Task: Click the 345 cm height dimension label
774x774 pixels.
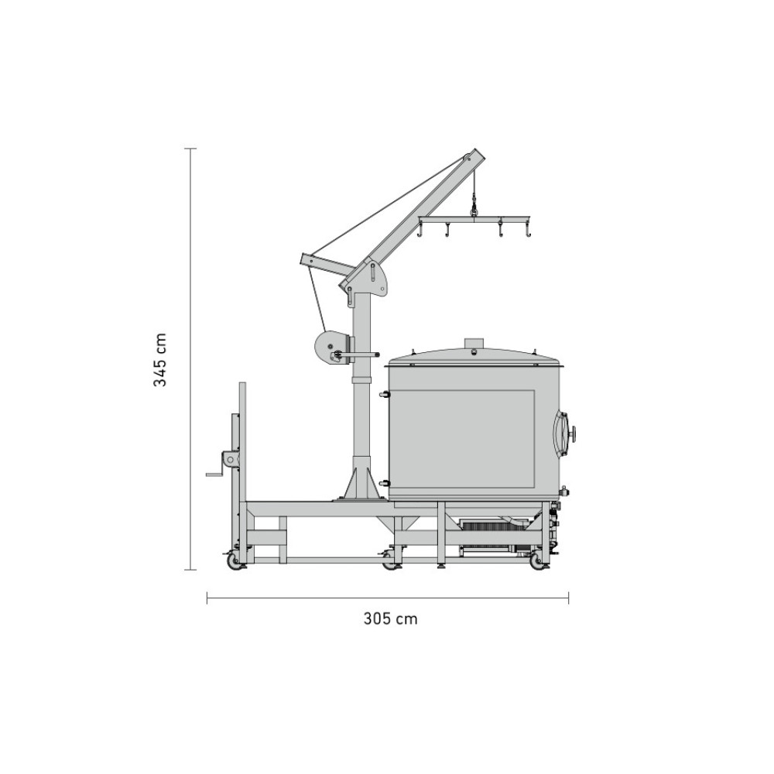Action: point(160,359)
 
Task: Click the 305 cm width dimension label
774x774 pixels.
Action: point(390,618)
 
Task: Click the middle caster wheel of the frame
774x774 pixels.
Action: point(392,563)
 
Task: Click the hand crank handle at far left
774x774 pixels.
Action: point(215,474)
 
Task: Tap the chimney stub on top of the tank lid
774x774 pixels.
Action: point(475,344)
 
